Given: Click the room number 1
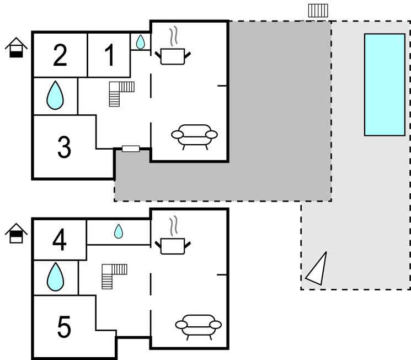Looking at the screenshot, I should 109,55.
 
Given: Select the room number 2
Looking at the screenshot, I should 60,55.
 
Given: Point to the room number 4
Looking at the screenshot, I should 60,240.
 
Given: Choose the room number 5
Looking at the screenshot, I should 64,328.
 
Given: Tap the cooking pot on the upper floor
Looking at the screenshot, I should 173,54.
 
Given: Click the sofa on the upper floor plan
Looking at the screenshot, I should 194,135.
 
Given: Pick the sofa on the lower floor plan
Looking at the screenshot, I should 198,326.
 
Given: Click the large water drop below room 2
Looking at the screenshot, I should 55,96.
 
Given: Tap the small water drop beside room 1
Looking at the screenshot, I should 141,41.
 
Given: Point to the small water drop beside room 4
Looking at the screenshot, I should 119,231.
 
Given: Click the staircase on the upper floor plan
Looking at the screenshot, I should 121,92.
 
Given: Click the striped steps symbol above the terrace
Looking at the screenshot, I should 318,10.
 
